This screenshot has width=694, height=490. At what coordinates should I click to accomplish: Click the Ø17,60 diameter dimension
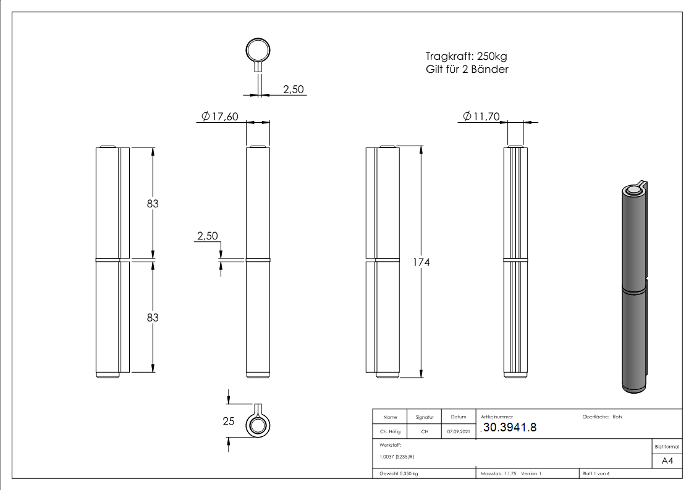[220, 117]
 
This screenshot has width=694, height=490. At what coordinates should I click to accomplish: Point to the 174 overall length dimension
[421, 262]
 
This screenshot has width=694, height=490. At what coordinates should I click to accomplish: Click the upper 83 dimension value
[153, 203]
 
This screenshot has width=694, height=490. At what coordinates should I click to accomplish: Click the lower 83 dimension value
[153, 317]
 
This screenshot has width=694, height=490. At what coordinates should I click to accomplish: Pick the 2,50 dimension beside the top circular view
[293, 89]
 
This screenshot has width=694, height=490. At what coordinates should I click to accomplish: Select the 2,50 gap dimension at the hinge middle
[206, 236]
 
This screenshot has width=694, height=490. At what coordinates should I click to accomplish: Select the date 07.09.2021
[459, 432]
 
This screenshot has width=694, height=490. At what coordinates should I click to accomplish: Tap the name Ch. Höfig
[390, 432]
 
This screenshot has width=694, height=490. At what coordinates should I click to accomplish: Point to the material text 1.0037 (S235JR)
[397, 457]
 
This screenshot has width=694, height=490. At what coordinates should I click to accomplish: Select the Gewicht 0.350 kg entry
[399, 473]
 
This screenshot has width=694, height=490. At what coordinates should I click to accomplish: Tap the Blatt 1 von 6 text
[596, 473]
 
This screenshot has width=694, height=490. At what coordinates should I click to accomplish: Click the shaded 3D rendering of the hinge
[633, 287]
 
